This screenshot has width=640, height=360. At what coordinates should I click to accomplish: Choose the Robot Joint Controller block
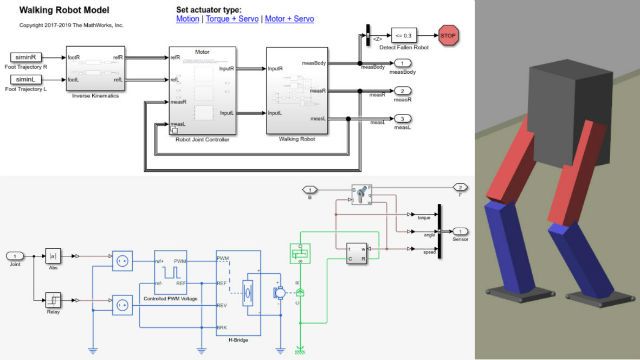(203, 90)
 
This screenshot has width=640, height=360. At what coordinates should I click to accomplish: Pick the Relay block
(53, 298)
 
